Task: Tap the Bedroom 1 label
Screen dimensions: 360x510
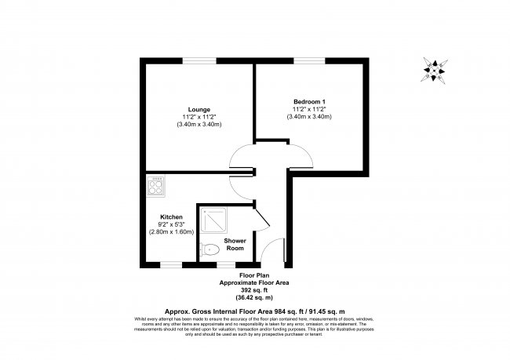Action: (x=309, y=101)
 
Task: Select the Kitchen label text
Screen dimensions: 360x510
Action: (x=172, y=216)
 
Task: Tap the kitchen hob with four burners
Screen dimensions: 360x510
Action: (x=156, y=186)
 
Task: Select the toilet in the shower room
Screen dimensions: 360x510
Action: (x=209, y=249)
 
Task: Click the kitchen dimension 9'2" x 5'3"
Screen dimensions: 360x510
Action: (x=172, y=224)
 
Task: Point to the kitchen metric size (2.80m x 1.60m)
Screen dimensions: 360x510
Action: (x=172, y=232)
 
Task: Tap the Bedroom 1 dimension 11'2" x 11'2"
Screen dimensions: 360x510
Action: (x=309, y=109)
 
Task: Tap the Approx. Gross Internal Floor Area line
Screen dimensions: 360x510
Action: (x=254, y=310)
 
